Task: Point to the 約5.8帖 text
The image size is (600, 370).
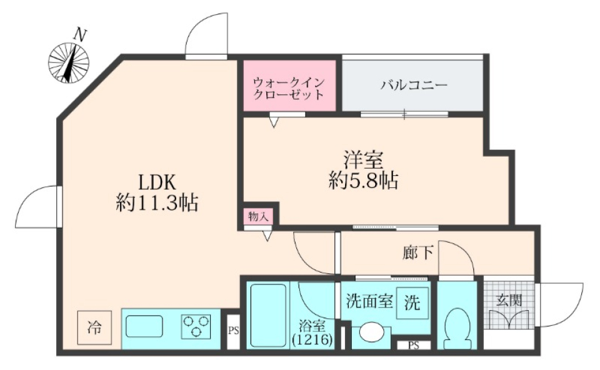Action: click(363, 181)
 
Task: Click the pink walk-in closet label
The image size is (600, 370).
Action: click(289, 89)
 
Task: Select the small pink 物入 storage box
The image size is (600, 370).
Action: click(257, 217)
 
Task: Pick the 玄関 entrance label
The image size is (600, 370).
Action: click(507, 299)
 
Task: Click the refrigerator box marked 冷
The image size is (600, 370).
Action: click(94, 326)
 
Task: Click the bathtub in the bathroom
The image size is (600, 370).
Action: click(267, 315)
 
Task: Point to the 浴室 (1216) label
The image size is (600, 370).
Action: click(312, 332)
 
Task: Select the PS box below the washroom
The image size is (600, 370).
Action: click(413, 345)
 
